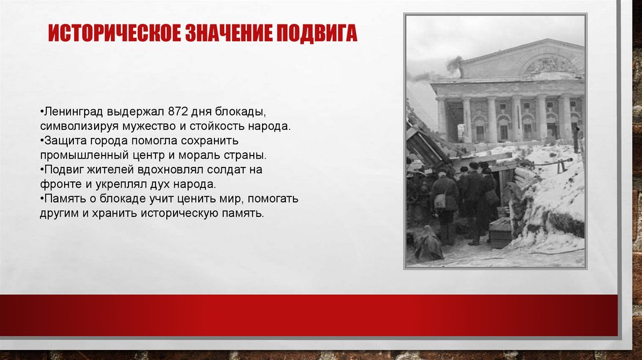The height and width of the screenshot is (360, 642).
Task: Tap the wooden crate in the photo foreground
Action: [501, 233]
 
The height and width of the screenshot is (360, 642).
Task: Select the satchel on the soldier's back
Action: [440, 200]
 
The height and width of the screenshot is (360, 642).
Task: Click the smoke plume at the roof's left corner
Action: [453, 64]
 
